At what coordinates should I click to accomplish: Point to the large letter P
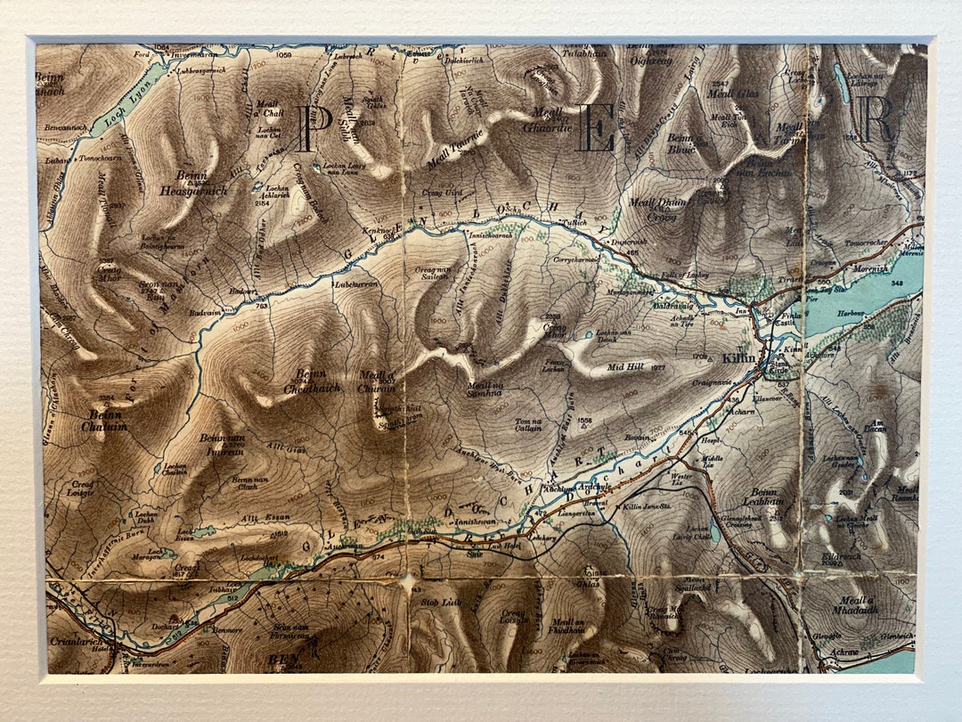tap(309, 128)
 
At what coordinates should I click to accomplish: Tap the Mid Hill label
tap(624, 366)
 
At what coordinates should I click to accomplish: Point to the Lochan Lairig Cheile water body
tap(713, 529)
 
